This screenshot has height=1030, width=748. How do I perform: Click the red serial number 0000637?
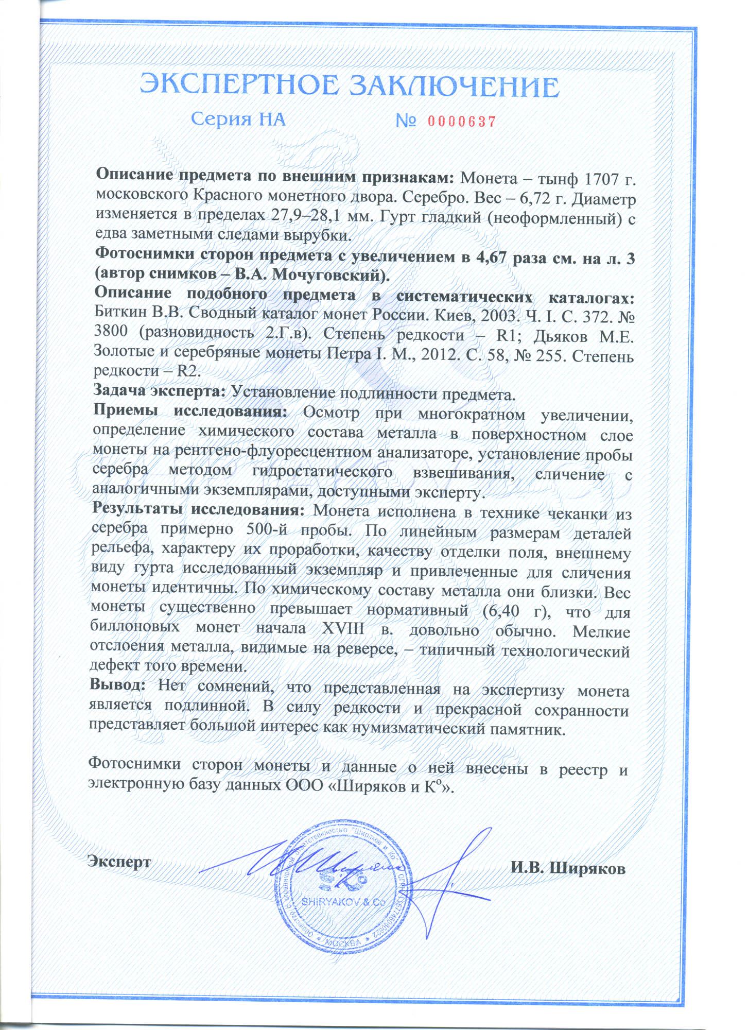(x=461, y=122)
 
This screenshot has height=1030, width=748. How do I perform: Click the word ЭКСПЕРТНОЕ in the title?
(x=239, y=85)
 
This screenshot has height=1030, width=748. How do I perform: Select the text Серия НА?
(x=238, y=119)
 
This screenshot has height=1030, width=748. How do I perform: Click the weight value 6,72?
(x=528, y=199)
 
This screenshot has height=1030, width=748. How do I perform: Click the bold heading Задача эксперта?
(x=159, y=391)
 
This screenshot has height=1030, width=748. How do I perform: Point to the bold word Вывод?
(x=118, y=685)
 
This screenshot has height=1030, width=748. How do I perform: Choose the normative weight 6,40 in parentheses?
(x=507, y=611)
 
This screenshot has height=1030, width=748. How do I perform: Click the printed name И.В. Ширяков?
(x=568, y=868)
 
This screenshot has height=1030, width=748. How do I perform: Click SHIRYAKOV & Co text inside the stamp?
(x=343, y=902)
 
